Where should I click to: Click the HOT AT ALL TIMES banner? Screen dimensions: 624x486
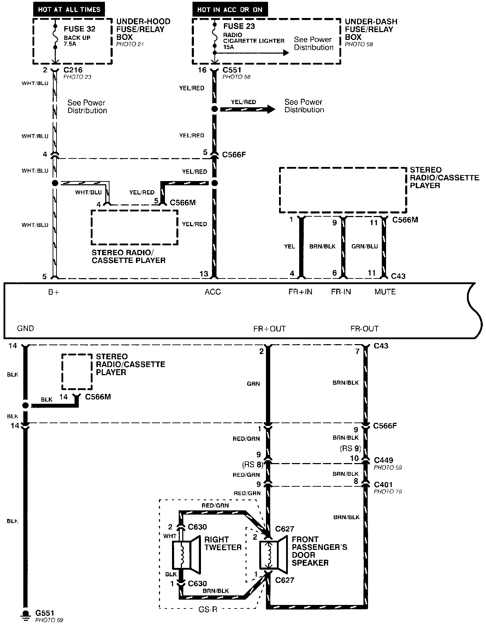point(69,10)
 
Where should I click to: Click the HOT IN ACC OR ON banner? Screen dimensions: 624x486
point(230,10)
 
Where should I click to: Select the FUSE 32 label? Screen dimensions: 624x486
point(79,29)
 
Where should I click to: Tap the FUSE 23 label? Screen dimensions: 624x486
point(239,26)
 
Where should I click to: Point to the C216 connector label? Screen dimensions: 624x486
point(73,70)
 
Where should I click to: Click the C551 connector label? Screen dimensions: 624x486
point(232,70)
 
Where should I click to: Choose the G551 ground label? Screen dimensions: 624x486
point(45,613)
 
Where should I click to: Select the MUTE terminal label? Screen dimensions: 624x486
point(385,292)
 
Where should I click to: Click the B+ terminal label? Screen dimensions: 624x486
point(53,292)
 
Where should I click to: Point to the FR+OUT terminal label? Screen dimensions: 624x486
point(269,329)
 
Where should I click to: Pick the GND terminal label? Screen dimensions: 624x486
point(25,329)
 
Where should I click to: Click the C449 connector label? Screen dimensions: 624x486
point(383,460)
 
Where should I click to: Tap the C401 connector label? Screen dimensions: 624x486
point(383,485)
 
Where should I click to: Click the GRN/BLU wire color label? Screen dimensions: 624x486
point(364,246)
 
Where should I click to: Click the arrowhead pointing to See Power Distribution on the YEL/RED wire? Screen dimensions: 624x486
point(271,109)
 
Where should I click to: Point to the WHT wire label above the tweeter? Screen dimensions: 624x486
point(170,536)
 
